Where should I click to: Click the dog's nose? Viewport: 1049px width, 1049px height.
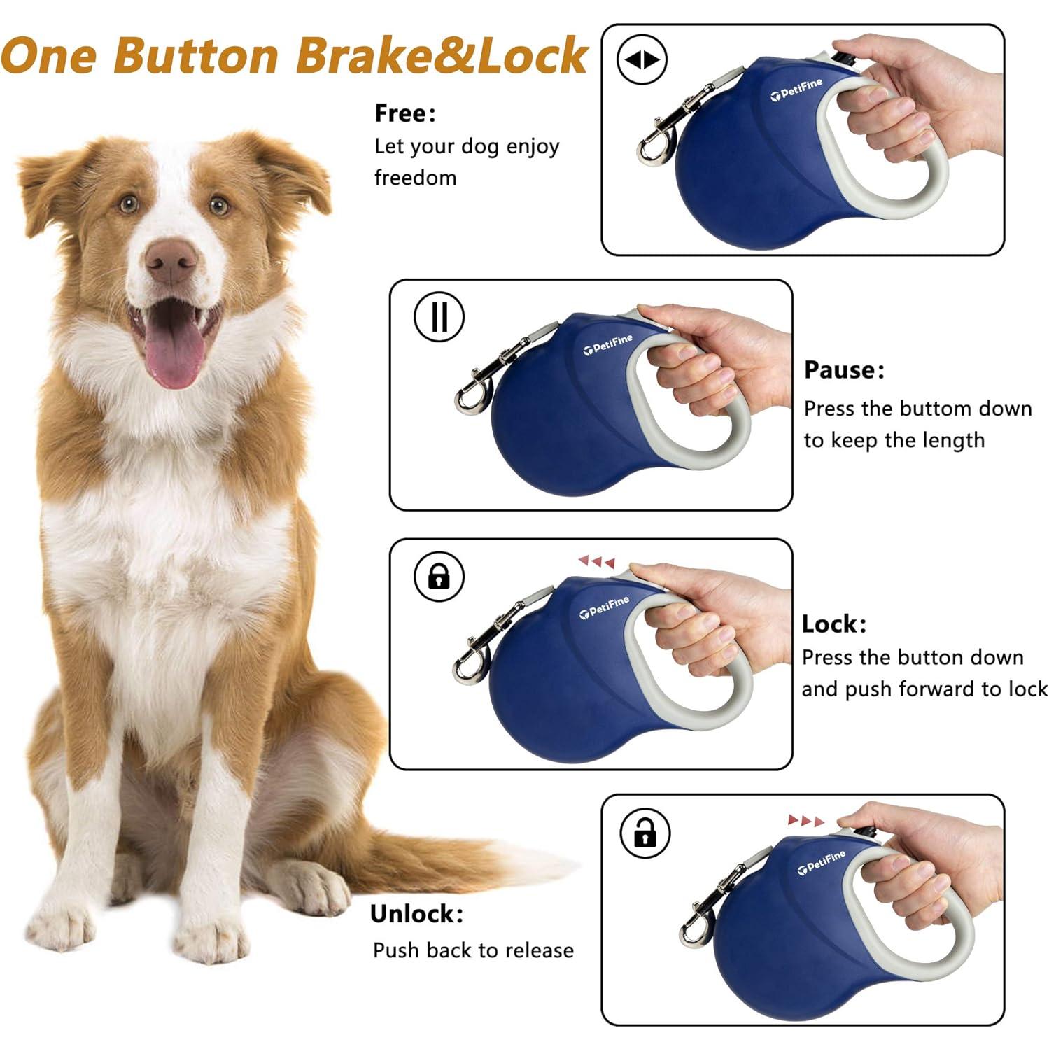pyautogui.click(x=170, y=260)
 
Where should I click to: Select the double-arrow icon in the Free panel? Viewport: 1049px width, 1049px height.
pyautogui.click(x=642, y=60)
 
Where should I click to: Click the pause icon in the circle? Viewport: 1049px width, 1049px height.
pyautogui.click(x=439, y=316)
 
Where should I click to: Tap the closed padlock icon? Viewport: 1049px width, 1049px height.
pyautogui.click(x=439, y=577)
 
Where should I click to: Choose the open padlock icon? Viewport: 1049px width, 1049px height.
pyautogui.click(x=645, y=833)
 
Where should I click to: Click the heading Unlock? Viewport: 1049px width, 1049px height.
pyautogui.click(x=416, y=914)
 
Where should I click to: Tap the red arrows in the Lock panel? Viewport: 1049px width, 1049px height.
pyautogui.click(x=596, y=561)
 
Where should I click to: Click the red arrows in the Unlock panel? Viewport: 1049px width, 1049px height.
pyautogui.click(x=806, y=820)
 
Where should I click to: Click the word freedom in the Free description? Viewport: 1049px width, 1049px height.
pyautogui.click(x=415, y=178)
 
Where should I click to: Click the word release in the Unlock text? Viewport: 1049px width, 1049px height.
pyautogui.click(x=539, y=950)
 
